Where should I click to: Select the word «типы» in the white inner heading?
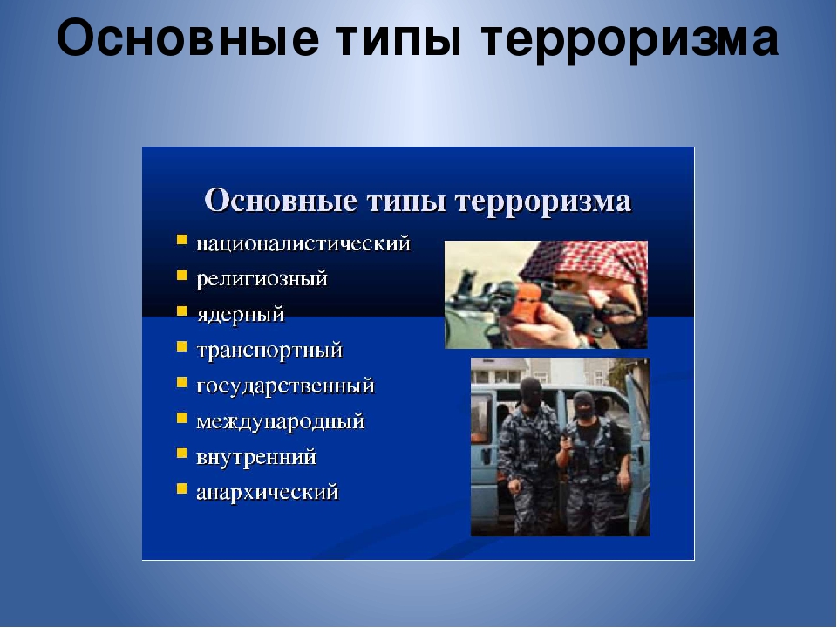407,201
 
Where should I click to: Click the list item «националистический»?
303,244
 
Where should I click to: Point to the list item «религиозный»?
262,279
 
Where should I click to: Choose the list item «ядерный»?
241,315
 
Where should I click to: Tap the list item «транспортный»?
269,351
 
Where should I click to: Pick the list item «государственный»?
286,386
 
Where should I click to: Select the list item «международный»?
280,422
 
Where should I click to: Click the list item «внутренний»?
256,458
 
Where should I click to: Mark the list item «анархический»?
268,492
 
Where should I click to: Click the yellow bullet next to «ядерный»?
182,311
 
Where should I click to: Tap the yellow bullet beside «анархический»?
182,488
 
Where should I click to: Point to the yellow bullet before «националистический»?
182,240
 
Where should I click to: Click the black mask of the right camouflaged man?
584,404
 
